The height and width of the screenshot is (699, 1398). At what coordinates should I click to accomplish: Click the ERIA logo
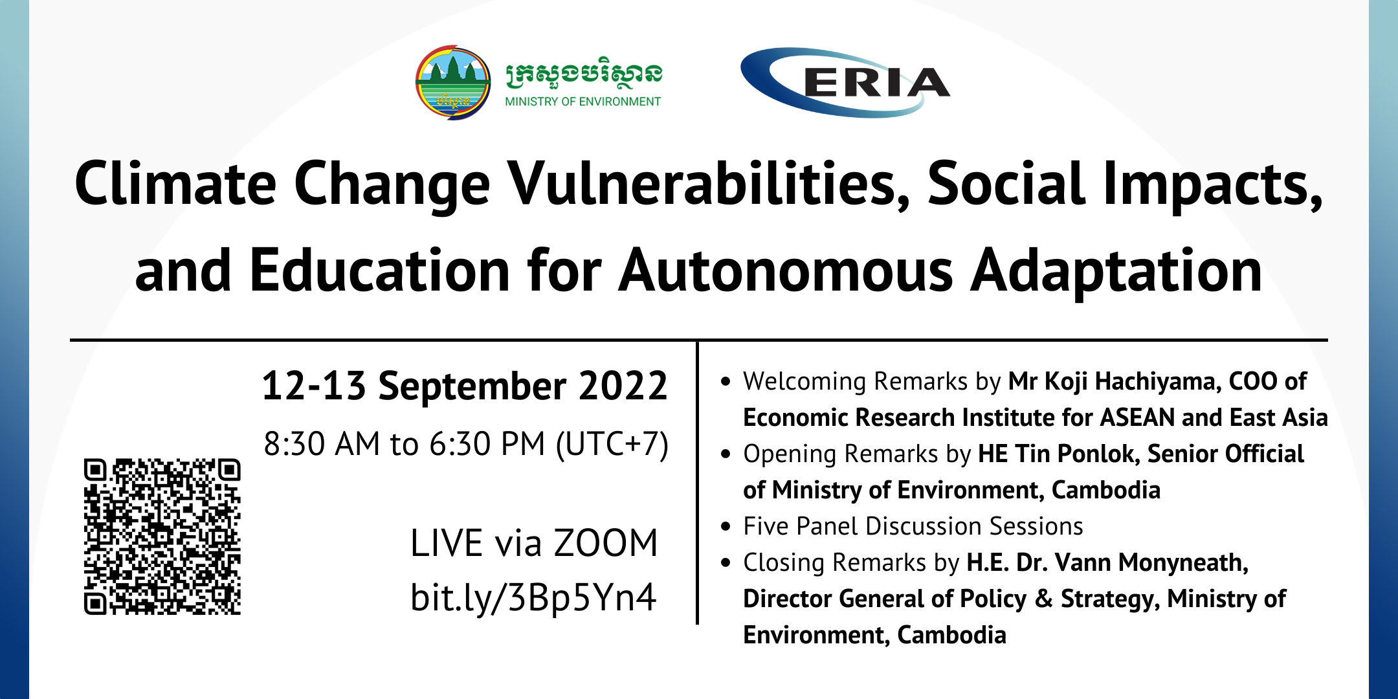click(845, 82)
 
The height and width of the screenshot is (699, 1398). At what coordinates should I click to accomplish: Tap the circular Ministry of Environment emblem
click(453, 82)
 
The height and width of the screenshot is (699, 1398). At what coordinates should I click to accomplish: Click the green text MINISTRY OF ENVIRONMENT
click(582, 102)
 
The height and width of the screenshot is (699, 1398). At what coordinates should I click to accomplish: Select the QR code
click(162, 537)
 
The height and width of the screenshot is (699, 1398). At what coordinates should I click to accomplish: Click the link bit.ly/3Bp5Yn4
click(533, 597)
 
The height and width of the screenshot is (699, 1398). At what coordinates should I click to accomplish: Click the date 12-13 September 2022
click(465, 386)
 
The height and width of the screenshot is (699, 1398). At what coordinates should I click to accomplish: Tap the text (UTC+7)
click(612, 445)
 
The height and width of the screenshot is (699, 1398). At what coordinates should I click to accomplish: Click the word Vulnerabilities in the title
click(709, 184)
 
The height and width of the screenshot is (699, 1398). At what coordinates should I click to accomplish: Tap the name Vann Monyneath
click(1151, 562)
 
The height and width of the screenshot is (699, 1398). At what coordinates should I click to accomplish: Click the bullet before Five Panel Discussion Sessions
click(726, 527)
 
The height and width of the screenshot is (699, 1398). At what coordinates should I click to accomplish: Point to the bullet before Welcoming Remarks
click(726, 382)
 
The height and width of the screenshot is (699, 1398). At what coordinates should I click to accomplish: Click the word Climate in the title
click(175, 184)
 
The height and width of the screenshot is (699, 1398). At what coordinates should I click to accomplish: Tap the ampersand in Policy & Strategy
click(1043, 599)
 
